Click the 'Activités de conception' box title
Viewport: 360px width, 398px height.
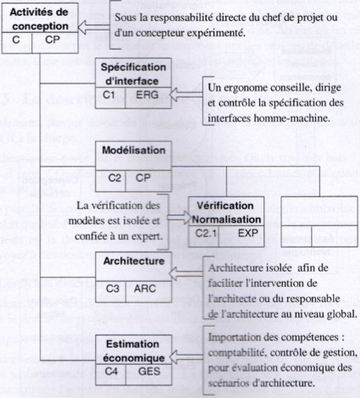point(39,19)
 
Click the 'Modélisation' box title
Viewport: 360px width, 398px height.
point(134,150)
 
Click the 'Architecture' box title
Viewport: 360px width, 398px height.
point(134,261)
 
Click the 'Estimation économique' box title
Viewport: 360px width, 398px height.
point(134,351)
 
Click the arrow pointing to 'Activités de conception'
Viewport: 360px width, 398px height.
point(93,27)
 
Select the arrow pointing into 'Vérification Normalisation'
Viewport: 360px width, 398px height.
point(180,218)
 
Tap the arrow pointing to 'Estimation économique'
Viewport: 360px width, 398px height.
point(186,357)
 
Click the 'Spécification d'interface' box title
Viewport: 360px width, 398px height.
point(134,74)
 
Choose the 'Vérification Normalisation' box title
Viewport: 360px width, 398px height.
point(226,213)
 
